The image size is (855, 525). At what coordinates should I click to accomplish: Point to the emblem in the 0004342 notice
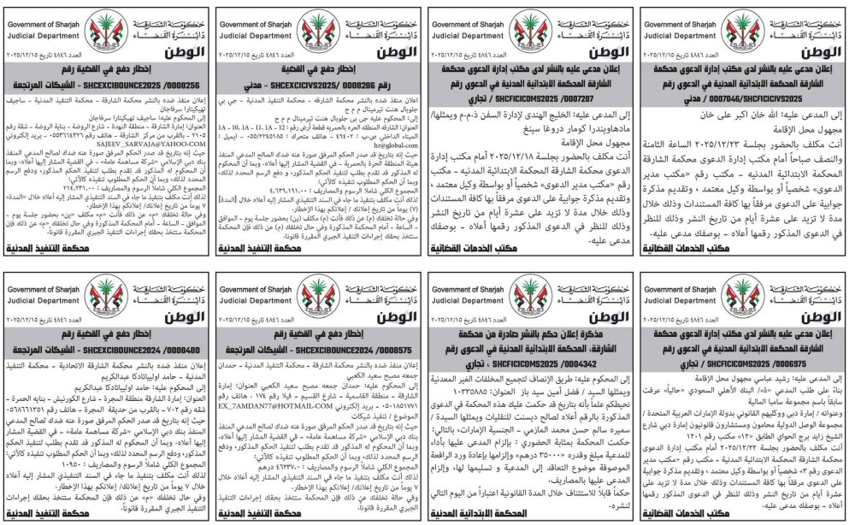[x=530, y=292]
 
